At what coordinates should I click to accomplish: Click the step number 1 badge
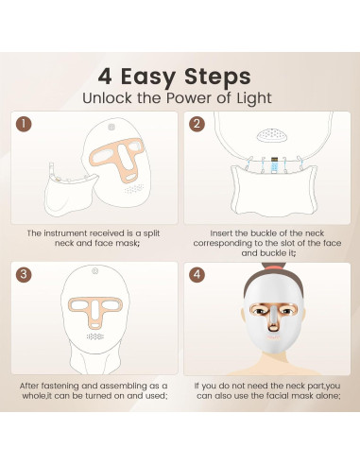tap(24, 124)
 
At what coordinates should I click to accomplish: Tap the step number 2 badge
tap(197, 124)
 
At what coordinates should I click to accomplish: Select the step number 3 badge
tap(24, 274)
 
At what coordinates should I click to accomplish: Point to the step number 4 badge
tap(197, 274)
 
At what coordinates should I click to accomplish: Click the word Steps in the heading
tap(217, 77)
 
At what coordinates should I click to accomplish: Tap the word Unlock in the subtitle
tap(107, 98)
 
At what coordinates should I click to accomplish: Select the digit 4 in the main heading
tap(105, 77)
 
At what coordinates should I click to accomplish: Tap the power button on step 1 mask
tap(111, 127)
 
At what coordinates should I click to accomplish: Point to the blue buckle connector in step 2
tap(274, 166)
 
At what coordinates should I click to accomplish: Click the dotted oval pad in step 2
tap(271, 135)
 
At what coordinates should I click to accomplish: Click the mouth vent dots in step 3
tap(95, 336)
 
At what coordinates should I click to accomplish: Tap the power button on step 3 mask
tap(94, 270)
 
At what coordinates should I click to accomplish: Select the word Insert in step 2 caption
tap(221, 233)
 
